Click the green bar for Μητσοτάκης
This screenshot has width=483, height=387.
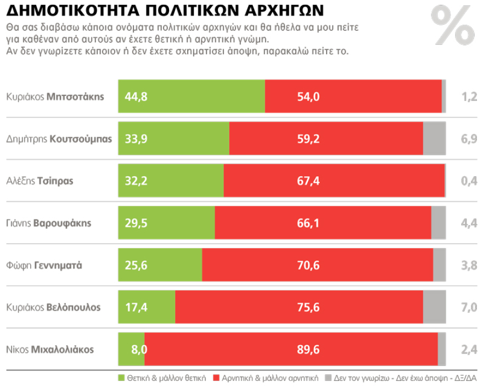click(x=192, y=97)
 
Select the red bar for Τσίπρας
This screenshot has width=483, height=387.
click(x=334, y=181)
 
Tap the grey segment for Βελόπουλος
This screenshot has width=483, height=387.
click(x=434, y=307)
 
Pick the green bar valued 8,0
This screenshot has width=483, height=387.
click(x=132, y=349)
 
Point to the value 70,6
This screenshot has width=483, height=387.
click(x=308, y=265)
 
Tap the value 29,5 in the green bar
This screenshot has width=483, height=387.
click(x=136, y=223)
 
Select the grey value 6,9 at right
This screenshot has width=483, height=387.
click(x=469, y=139)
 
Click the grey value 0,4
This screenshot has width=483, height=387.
click(x=469, y=181)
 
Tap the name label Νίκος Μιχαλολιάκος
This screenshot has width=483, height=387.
click(x=50, y=349)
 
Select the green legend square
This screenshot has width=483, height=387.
click(x=121, y=378)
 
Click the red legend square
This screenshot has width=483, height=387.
click(x=216, y=378)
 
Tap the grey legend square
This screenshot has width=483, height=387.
click(x=328, y=378)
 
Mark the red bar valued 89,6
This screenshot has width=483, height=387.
click(x=291, y=349)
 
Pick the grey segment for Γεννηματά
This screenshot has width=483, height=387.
click(x=439, y=265)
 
